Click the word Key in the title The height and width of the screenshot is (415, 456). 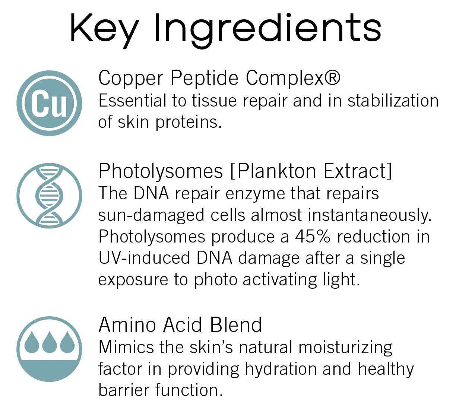click(x=104, y=31)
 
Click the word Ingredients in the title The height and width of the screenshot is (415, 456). click(x=268, y=31)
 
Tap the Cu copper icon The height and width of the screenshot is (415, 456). click(x=49, y=103)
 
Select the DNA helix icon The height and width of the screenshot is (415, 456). click(x=49, y=196)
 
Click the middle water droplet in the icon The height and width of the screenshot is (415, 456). click(x=49, y=342)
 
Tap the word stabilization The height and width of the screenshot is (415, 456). click(x=393, y=101)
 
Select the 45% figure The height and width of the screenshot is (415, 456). click(x=313, y=237)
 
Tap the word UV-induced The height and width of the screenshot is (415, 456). click(x=144, y=258)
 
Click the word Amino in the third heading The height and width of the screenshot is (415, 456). click(x=127, y=325)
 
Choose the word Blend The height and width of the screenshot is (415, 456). click(x=236, y=324)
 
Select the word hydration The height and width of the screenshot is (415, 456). click(x=281, y=370)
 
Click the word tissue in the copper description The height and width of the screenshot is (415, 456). click(x=214, y=101)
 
